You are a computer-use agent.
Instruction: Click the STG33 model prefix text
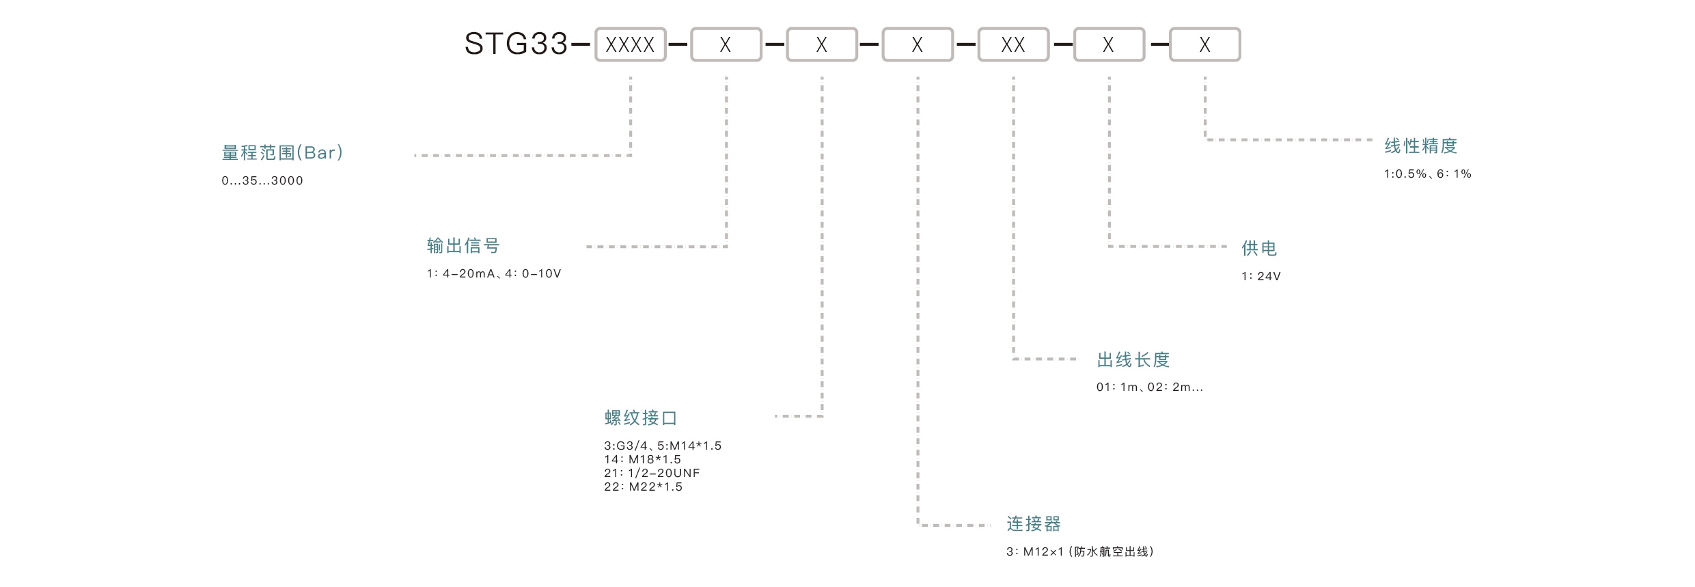(516, 44)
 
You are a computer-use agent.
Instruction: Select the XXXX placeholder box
(630, 45)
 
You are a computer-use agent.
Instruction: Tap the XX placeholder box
(1012, 45)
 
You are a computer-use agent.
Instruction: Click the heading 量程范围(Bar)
(282, 152)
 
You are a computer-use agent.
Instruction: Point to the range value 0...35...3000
(262, 181)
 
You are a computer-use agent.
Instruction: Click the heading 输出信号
(463, 246)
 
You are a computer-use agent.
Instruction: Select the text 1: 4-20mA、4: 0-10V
(494, 274)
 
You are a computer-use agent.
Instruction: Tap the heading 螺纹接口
(641, 418)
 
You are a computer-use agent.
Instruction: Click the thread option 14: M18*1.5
(642, 460)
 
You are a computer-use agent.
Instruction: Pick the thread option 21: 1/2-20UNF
(652, 473)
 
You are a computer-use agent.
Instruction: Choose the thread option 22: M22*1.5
(643, 487)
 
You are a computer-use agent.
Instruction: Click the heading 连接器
(1034, 524)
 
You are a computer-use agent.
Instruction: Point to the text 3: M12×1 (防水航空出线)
(1079, 551)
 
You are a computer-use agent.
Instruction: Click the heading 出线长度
(1133, 360)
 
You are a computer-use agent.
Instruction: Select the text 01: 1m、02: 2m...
(1149, 387)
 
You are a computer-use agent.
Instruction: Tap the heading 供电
(1259, 249)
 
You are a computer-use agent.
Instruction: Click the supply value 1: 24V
(1260, 277)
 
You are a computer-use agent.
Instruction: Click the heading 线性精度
(1421, 146)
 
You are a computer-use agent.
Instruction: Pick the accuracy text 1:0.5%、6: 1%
(1427, 174)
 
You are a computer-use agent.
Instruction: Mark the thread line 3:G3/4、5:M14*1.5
(663, 446)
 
